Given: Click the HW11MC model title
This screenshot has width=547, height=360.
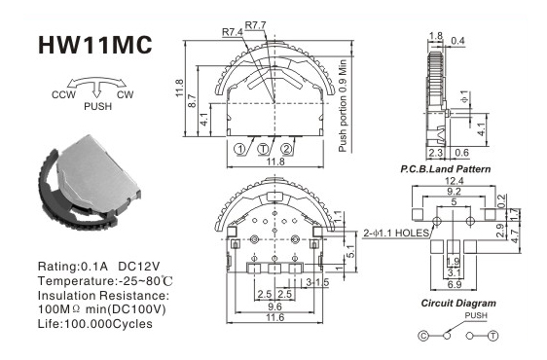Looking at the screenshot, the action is point(94,45).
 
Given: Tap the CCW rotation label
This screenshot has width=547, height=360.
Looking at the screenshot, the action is point(63,95).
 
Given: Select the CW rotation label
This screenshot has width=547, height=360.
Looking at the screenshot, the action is point(126,95).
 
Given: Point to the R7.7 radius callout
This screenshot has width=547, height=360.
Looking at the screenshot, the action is point(255,25).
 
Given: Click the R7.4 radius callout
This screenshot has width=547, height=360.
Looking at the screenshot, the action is point(233,32).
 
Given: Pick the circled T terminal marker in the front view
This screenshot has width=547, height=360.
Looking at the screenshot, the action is point(264,149).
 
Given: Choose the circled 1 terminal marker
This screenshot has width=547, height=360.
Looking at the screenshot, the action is point(240,149).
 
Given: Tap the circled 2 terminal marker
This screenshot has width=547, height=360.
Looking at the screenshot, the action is point(286,149).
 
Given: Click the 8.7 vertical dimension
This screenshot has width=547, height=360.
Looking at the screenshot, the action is point(193,101).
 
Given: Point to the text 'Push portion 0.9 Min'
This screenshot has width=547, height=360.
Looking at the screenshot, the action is point(343,106).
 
